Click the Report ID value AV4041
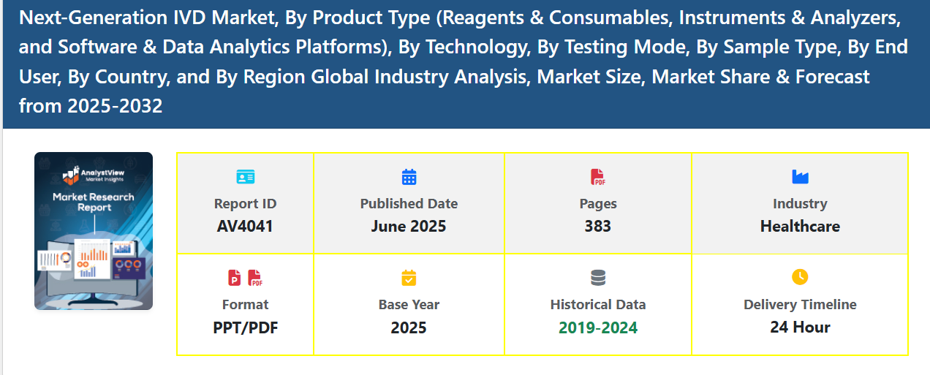(x=245, y=227)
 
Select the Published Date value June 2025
(x=408, y=227)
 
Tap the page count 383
(x=597, y=227)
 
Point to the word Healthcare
(x=800, y=227)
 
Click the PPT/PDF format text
(x=245, y=327)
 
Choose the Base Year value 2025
(x=408, y=327)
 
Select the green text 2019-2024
(x=597, y=327)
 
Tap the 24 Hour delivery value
(x=800, y=327)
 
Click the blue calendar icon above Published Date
(x=409, y=177)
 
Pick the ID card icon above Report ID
(x=245, y=177)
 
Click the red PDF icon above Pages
(x=597, y=177)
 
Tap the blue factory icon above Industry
(x=800, y=177)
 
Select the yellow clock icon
(x=800, y=277)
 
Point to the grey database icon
(x=598, y=278)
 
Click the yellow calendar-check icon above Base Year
(x=409, y=278)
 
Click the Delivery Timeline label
(x=800, y=304)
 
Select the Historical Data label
(x=597, y=304)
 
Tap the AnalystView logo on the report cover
(x=93, y=175)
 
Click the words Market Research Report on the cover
(x=93, y=202)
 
